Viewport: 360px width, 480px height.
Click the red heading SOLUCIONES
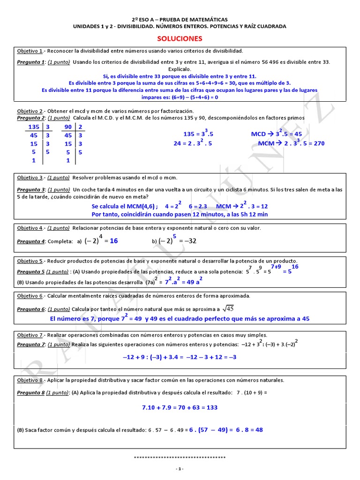click(180, 38)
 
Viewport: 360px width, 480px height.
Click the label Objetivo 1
click(30, 51)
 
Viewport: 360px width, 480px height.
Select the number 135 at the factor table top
click(34, 127)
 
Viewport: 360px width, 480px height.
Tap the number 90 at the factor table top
click(67, 127)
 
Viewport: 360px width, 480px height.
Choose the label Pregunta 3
click(31, 189)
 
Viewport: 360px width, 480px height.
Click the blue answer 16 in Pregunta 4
click(113, 240)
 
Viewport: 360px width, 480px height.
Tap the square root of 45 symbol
click(227, 308)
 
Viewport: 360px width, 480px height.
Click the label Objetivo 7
click(30, 335)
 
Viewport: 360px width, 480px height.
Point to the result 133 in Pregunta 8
click(211, 407)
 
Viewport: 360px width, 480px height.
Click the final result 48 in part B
click(258, 429)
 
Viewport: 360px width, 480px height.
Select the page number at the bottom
click(180, 469)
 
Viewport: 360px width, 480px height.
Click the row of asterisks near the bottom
click(180, 457)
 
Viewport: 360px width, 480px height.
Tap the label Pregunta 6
click(31, 309)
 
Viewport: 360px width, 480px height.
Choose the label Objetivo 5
click(30, 261)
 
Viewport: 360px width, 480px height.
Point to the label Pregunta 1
click(31, 62)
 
